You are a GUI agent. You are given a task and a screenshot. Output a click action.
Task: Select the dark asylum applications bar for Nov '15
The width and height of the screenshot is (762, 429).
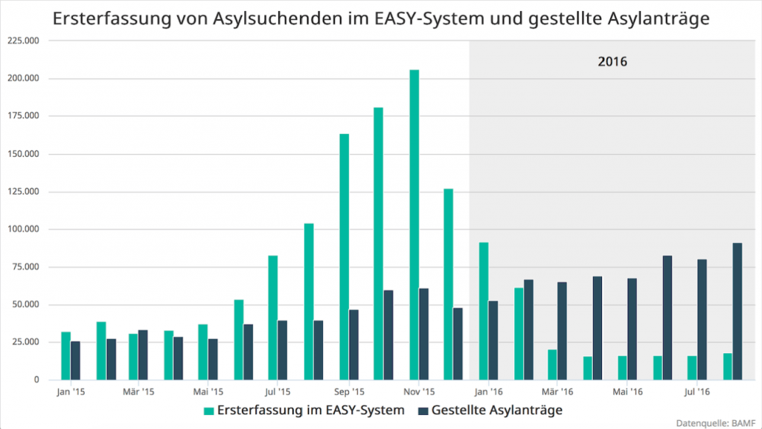tap(423, 334)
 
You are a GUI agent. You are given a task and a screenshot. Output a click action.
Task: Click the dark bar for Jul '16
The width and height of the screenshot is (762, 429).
tap(702, 319)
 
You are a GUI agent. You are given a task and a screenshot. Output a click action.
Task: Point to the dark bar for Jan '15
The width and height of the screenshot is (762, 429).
tap(75, 361)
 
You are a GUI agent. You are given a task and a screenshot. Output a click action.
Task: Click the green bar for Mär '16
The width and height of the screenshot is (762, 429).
tap(552, 364)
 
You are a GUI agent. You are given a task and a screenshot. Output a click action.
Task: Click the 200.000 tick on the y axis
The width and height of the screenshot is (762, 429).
tap(25, 79)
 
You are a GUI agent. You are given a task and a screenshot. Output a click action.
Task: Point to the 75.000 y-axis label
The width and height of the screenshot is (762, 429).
tap(27, 267)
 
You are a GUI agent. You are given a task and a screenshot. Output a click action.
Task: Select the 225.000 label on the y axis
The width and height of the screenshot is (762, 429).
tap(25, 41)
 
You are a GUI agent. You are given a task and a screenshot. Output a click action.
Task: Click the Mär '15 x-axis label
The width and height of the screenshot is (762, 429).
tap(138, 391)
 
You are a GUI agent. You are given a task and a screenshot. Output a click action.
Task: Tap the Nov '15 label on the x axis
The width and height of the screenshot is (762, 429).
tap(419, 391)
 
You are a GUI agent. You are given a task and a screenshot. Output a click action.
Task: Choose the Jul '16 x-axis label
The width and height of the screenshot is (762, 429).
tap(697, 391)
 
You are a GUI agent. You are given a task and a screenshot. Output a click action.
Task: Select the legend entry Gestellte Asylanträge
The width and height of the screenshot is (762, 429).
tap(496, 410)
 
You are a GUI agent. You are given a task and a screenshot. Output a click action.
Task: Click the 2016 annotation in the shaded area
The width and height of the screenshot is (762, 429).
tap(612, 62)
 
